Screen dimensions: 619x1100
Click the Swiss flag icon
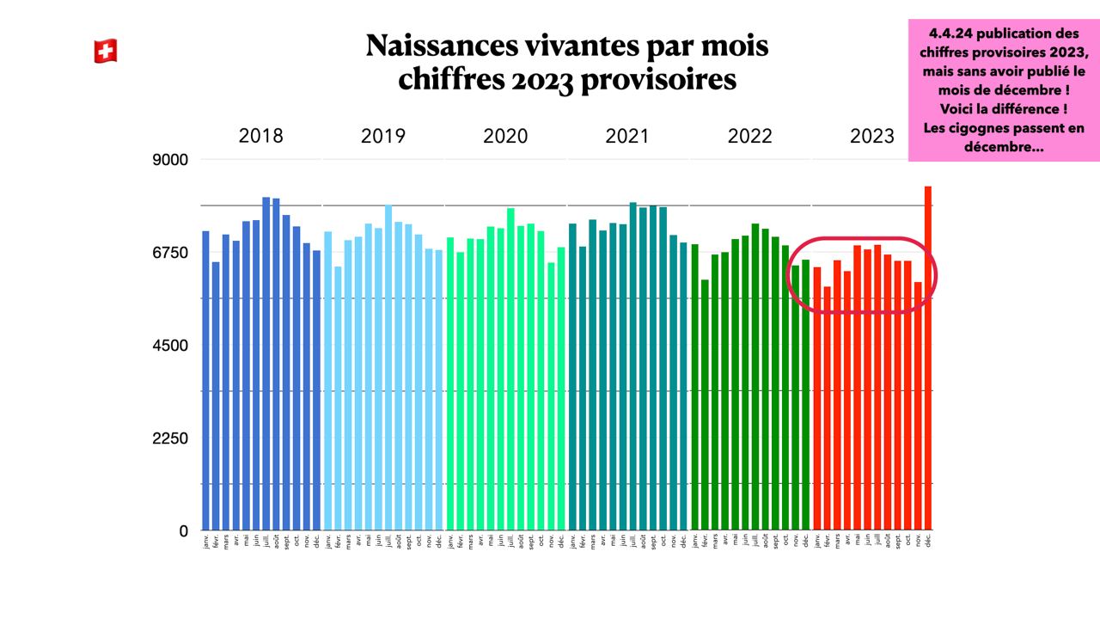pyautogui.click(x=105, y=52)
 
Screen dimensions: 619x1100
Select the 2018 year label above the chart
pyautogui.click(x=260, y=136)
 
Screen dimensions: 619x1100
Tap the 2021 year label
pyautogui.click(x=627, y=136)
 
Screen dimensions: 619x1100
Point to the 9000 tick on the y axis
pyautogui.click(x=171, y=160)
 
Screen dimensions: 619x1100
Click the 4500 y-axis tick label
pyautogui.click(x=171, y=346)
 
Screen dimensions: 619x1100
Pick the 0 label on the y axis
pyautogui.click(x=182, y=531)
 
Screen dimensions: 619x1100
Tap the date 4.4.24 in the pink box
pyautogui.click(x=951, y=34)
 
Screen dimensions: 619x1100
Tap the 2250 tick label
pyautogui.click(x=171, y=438)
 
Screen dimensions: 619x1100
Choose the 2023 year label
pyautogui.click(x=872, y=136)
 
